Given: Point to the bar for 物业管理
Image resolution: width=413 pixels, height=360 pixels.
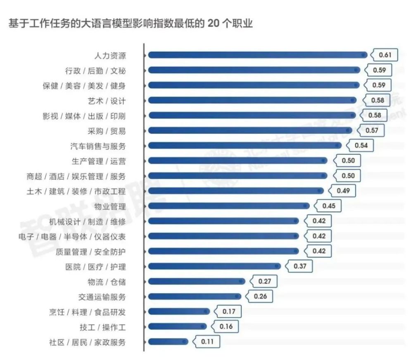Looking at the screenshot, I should (228, 206).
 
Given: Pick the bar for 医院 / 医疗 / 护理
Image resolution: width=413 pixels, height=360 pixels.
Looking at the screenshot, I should (214, 266).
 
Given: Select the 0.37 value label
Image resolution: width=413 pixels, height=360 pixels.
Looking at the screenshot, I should (300, 266).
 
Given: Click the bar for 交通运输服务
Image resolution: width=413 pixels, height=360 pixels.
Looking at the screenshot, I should (194, 296).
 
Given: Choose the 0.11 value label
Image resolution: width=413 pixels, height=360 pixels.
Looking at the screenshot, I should (207, 342).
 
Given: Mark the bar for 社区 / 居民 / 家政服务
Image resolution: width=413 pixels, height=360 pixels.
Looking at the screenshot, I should (168, 342).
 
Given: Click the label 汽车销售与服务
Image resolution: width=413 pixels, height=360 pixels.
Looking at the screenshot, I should (98, 146).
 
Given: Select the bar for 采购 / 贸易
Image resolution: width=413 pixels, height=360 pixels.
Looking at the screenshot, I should (250, 130).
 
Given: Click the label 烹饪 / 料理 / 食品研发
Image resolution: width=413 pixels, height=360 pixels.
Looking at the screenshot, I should (87, 312).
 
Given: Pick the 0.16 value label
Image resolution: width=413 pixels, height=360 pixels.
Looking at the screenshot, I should (226, 327).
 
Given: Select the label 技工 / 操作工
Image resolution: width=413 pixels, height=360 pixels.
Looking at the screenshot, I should (102, 327).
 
